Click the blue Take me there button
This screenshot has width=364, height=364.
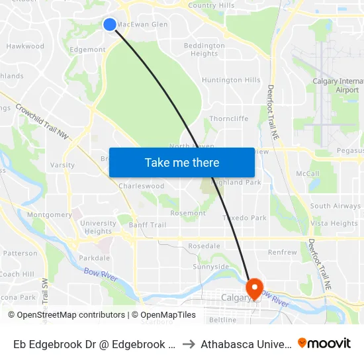click(182, 162)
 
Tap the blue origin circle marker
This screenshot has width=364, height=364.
click(110, 24)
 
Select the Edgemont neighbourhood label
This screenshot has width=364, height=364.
click(87, 50)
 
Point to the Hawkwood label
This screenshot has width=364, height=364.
click(25, 46)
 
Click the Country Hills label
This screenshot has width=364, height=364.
click(211, 5)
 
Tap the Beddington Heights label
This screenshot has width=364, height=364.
click(204, 50)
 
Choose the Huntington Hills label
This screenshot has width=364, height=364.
click(231, 80)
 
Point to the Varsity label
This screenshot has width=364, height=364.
click(62, 165)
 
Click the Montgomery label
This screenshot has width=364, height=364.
click(50, 214)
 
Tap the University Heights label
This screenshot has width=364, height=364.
click(98, 227)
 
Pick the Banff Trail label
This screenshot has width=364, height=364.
click(148, 225)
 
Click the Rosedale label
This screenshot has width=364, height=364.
click(204, 246)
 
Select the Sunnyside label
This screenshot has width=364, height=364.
click(210, 267)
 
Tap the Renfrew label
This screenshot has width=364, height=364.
click(283, 252)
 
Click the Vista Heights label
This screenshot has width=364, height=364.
click(334, 224)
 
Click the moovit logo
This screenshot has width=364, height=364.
click(324, 343)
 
